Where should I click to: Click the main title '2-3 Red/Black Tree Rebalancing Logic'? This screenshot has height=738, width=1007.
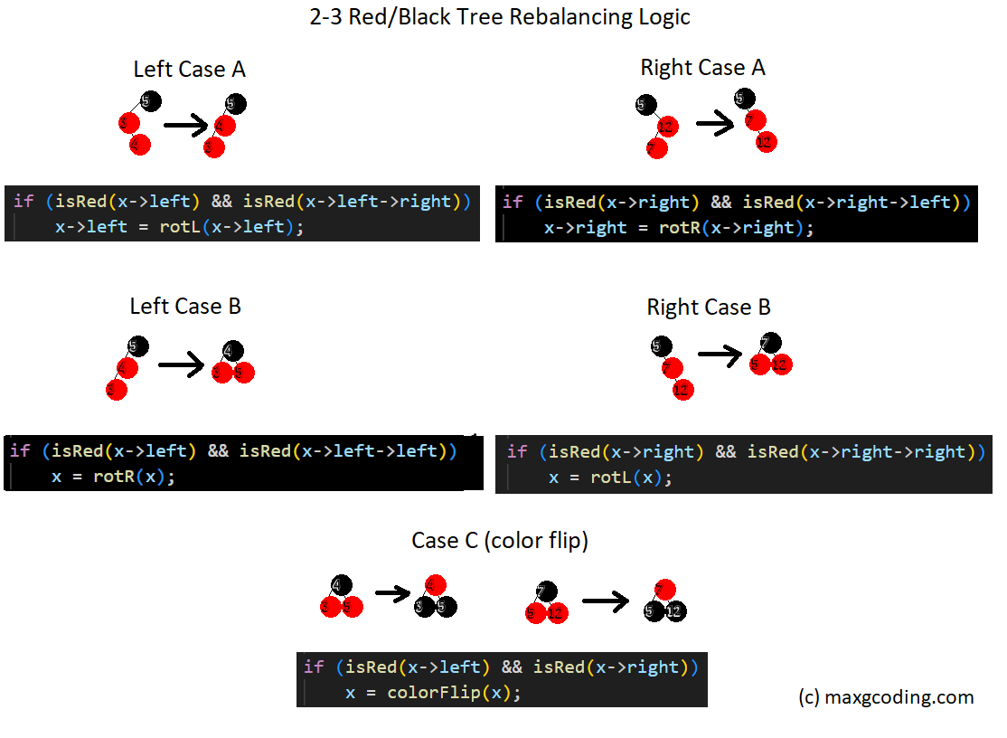(x=500, y=17)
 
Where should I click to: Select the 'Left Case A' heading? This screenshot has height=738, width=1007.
(x=189, y=70)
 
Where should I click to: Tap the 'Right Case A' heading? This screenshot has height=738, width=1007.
(x=702, y=68)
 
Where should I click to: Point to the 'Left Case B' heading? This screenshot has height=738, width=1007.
(x=185, y=307)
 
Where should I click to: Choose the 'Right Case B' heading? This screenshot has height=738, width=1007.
(x=709, y=307)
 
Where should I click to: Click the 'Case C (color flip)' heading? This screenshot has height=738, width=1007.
(x=500, y=541)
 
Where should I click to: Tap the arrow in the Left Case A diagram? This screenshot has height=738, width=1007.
(x=185, y=126)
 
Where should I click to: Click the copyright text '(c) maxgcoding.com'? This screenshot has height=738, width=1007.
(x=886, y=696)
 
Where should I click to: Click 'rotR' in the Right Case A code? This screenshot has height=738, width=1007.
(x=678, y=228)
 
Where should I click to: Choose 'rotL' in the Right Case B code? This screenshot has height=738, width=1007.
(x=609, y=478)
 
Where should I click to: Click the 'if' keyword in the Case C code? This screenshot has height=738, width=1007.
(x=314, y=667)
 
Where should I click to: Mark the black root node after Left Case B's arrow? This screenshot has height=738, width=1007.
(x=231, y=350)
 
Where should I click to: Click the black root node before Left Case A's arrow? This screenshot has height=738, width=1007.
(x=150, y=100)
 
